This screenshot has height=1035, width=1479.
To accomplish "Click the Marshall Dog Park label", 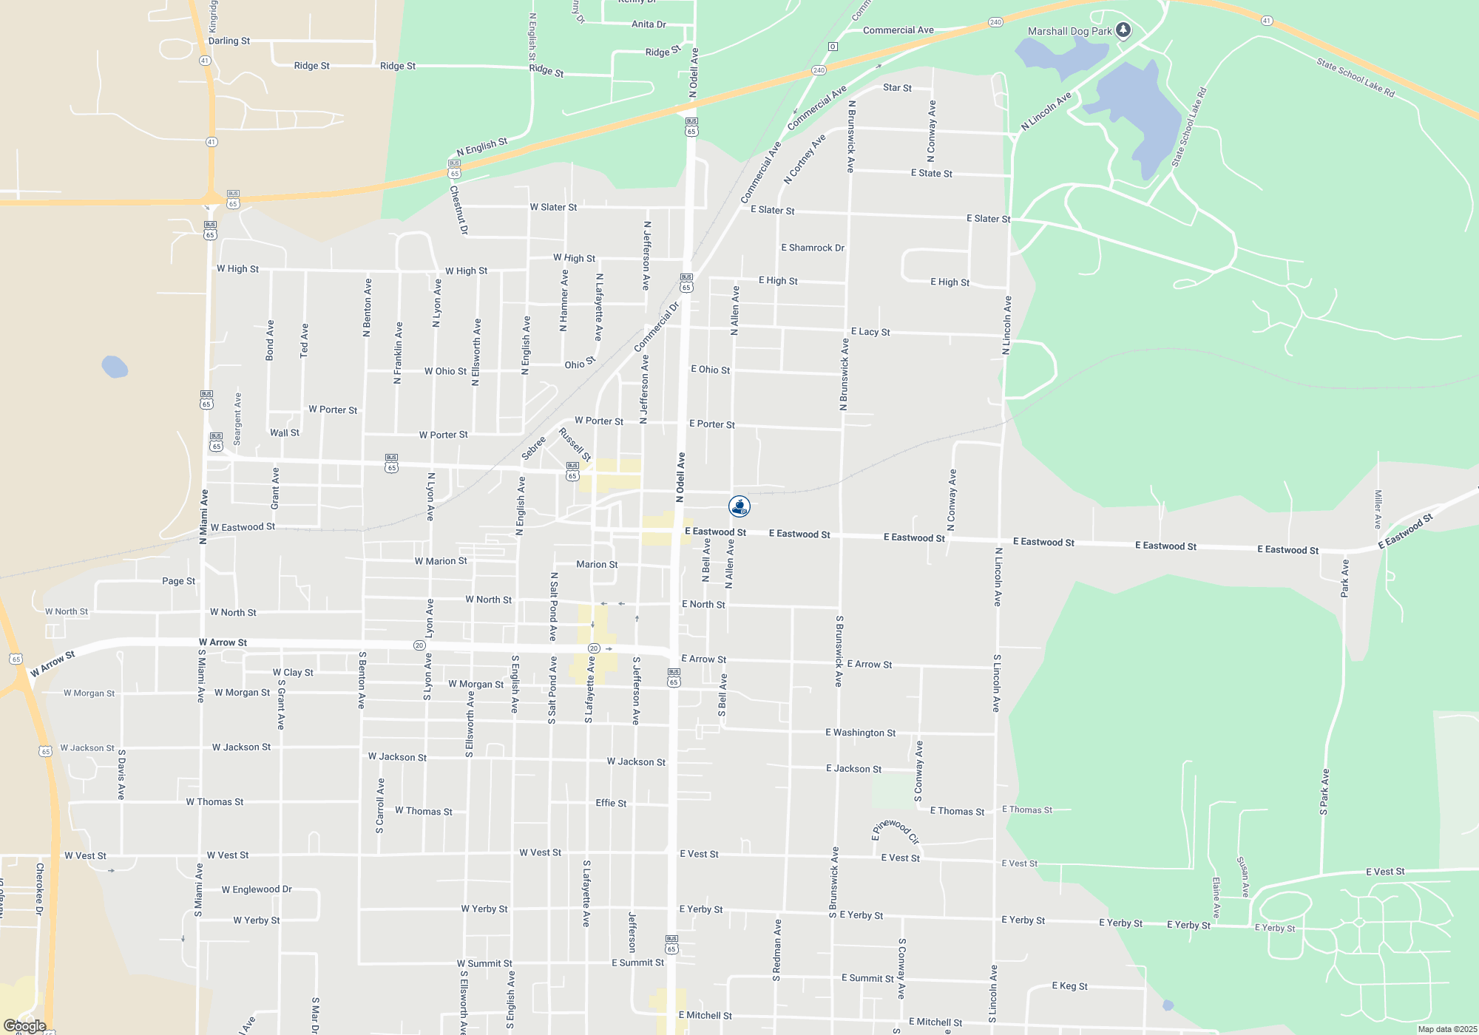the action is click(x=1069, y=31).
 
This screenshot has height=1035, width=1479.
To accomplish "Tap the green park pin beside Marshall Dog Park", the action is click(x=1123, y=30).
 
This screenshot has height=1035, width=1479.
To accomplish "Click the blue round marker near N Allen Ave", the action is click(x=739, y=506).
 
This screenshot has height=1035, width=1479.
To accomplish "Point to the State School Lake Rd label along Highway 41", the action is click(x=1355, y=78).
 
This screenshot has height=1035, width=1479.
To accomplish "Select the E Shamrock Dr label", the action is click(x=813, y=248).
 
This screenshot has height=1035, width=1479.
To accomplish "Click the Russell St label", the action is click(x=575, y=444).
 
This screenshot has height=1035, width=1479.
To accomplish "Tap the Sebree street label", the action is click(x=534, y=447).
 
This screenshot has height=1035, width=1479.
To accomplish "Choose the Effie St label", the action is click(x=611, y=803).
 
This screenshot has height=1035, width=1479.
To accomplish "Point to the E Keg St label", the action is click(x=1069, y=986).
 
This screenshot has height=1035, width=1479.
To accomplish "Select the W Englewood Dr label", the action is click(x=257, y=889).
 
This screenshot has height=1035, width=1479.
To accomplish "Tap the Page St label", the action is click(x=179, y=581).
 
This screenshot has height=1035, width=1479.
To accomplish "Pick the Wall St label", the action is click(x=285, y=432).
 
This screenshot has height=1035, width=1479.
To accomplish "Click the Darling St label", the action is click(x=229, y=41).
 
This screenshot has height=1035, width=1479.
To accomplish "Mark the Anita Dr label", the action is click(x=649, y=24).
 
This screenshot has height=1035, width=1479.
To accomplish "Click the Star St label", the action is click(x=897, y=87).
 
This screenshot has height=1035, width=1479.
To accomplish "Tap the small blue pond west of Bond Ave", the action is click(x=115, y=367).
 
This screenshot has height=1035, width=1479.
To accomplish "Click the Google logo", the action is click(x=25, y=1026).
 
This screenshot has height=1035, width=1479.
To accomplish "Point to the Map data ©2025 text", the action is click(x=1447, y=1029).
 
